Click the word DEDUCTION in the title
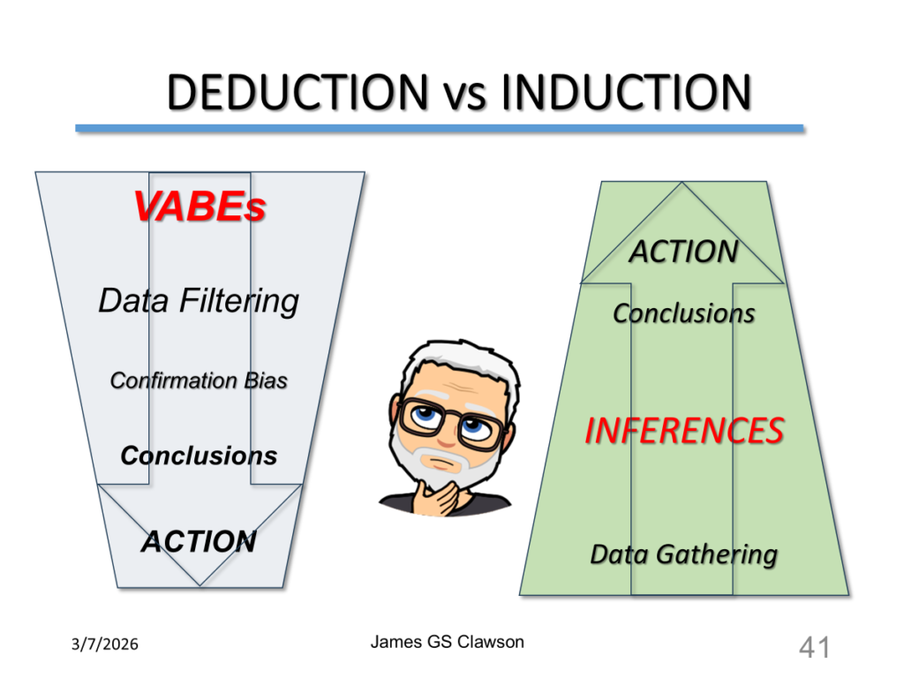point(298,92)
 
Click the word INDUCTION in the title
point(626,92)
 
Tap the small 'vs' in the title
point(464,96)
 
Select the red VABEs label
point(200,207)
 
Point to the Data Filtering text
point(199,301)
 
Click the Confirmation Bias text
point(199,380)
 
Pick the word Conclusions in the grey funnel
point(199,456)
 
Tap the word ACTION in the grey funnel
point(199,541)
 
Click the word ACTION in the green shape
point(684,252)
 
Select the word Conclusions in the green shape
point(684,313)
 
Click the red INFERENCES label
point(684,431)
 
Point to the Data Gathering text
point(684,554)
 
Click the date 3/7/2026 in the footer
point(105,644)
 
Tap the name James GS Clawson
point(448,642)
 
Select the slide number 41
point(814,647)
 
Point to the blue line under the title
point(440,128)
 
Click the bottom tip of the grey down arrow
point(200,585)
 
